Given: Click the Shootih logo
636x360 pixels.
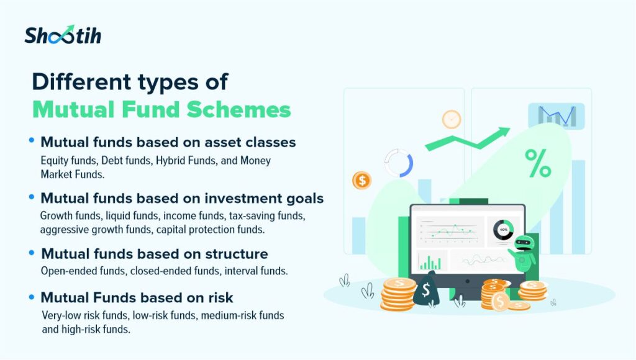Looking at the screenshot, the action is point(63,35).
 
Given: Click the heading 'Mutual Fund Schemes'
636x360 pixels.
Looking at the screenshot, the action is point(161,109).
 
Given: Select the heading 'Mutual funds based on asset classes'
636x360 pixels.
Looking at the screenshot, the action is point(168,142).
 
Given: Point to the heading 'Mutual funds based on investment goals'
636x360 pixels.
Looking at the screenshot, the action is point(182,198).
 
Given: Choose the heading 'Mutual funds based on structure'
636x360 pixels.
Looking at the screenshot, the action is point(155,254).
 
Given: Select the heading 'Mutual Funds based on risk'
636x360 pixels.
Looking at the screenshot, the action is point(137,297).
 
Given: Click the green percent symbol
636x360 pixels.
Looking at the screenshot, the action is point(538,163).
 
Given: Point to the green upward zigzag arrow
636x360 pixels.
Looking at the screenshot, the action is point(467,139).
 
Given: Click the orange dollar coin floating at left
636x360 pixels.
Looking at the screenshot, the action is point(362,180).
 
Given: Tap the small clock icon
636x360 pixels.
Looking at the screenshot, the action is point(452,120).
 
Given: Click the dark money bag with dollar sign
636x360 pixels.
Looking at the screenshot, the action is point(426,289).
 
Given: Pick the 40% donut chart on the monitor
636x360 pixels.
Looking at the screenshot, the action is point(503,230).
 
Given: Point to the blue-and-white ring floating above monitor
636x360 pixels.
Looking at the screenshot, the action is point(399,163).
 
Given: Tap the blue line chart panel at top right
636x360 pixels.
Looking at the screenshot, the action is point(556,116).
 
